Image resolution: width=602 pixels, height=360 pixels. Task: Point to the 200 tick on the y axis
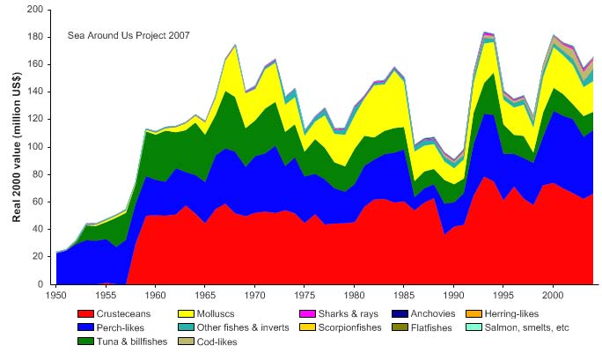click(x=35, y=10)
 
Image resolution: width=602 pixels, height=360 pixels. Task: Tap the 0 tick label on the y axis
click(x=40, y=285)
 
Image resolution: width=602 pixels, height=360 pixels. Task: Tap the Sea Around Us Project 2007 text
click(x=128, y=35)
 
